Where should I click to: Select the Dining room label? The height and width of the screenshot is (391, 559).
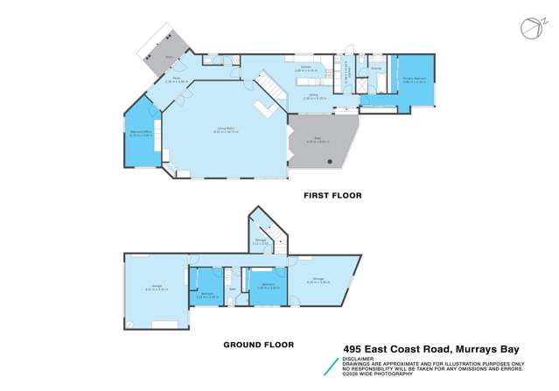313,98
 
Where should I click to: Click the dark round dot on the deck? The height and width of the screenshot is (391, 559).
329,163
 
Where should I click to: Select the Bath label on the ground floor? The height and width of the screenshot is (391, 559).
232,290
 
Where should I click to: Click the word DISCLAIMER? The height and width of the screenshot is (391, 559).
354,359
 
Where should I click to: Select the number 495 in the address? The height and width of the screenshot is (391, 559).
351,347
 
